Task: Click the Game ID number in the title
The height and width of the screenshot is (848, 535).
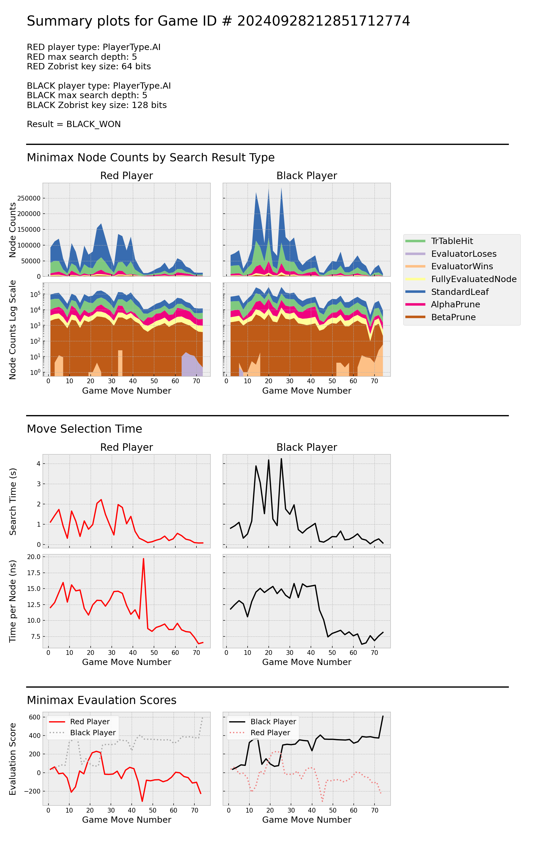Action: [323, 21]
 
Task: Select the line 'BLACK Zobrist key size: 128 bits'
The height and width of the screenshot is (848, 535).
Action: [97, 105]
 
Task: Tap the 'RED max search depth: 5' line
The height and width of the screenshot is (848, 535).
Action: [82, 57]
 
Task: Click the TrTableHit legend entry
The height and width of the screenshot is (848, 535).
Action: [452, 241]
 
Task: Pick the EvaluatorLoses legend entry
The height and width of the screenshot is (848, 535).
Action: [463, 254]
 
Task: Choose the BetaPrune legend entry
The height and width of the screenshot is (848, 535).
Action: [453, 317]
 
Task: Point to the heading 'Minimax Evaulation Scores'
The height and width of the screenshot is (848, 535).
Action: [101, 700]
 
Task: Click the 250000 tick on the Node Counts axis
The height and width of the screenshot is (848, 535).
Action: [29, 198]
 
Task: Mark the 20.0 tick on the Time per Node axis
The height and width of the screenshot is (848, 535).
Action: [34, 557]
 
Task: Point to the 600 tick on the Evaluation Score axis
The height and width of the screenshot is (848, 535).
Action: [34, 717]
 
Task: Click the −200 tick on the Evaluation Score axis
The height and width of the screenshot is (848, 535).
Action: [32, 791]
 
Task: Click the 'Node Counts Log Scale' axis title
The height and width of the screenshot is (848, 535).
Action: [13, 330]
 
